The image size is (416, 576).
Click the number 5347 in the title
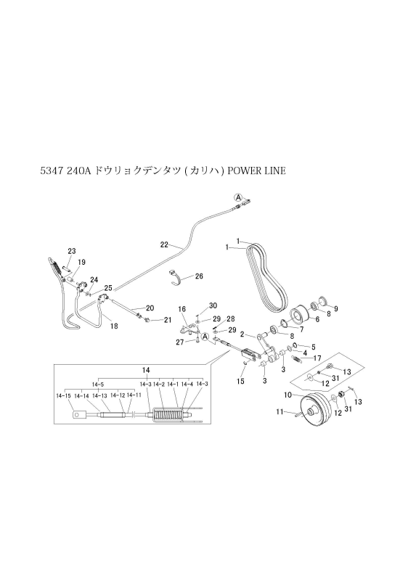tap(55, 171)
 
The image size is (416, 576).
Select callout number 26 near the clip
tap(199, 276)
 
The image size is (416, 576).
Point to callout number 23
tap(71, 251)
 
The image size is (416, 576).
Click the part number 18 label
tap(113, 326)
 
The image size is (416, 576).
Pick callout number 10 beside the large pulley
tap(287, 395)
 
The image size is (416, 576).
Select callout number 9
tap(335, 308)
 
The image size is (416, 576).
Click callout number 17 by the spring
tap(317, 358)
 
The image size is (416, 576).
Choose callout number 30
tap(213, 305)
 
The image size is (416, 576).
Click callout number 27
tap(179, 342)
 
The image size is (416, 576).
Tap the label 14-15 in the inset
tap(63, 395)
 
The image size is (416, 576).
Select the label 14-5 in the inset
tap(97, 384)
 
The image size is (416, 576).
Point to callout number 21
tap(166, 320)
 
